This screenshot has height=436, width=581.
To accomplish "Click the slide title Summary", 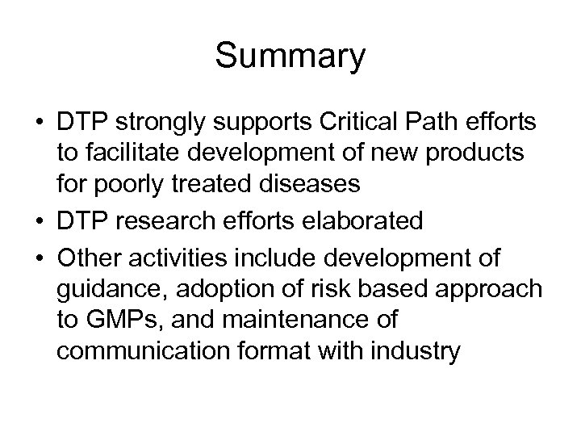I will click(x=290, y=57).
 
